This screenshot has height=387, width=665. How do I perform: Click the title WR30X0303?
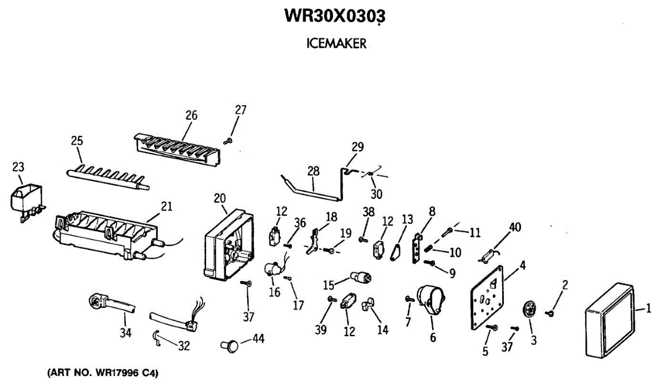point(335,16)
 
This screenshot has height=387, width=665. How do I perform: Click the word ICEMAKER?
point(336,44)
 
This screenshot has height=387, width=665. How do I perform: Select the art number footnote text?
point(103,373)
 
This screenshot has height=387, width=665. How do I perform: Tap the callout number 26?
point(192,115)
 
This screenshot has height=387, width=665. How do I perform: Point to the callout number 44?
point(258,339)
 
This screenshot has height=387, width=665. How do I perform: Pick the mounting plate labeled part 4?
point(488,298)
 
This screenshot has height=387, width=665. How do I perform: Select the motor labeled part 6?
point(431,299)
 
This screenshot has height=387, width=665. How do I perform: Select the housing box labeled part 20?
point(229,245)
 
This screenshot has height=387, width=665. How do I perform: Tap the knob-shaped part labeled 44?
point(229,347)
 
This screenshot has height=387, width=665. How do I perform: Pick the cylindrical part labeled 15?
point(361,277)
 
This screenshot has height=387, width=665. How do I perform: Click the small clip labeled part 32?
point(157,338)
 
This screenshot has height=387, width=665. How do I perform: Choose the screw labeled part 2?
point(550,313)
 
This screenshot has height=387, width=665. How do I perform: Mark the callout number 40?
point(515,227)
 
